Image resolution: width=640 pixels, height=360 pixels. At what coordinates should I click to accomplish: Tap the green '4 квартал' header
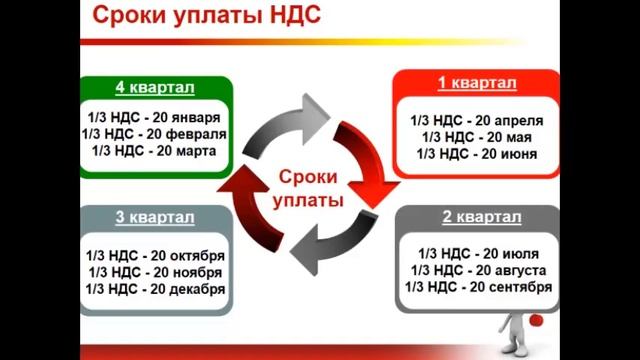click(x=155, y=85)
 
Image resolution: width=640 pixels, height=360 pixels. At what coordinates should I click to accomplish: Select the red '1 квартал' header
click(x=474, y=81)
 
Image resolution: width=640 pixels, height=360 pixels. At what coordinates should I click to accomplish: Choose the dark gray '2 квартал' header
click(x=480, y=217)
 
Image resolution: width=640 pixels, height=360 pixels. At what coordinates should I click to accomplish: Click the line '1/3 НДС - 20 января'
click(x=155, y=115)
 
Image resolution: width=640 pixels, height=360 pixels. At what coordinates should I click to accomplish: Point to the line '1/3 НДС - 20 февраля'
click(x=155, y=133)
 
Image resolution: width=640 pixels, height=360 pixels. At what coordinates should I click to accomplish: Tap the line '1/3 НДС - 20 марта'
click(x=155, y=151)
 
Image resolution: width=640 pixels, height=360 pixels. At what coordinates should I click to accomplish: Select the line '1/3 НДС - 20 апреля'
click(x=474, y=118)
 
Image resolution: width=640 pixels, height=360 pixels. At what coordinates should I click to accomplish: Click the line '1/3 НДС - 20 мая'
click(x=474, y=136)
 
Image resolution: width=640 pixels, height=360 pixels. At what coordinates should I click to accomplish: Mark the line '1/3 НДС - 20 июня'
click(x=474, y=154)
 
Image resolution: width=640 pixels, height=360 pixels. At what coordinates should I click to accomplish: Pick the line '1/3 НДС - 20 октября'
click(x=155, y=255)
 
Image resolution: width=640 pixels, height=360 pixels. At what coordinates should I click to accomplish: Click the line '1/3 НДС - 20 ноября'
click(x=155, y=272)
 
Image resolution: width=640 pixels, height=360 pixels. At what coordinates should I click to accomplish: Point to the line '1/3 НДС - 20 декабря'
click(x=155, y=289)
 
